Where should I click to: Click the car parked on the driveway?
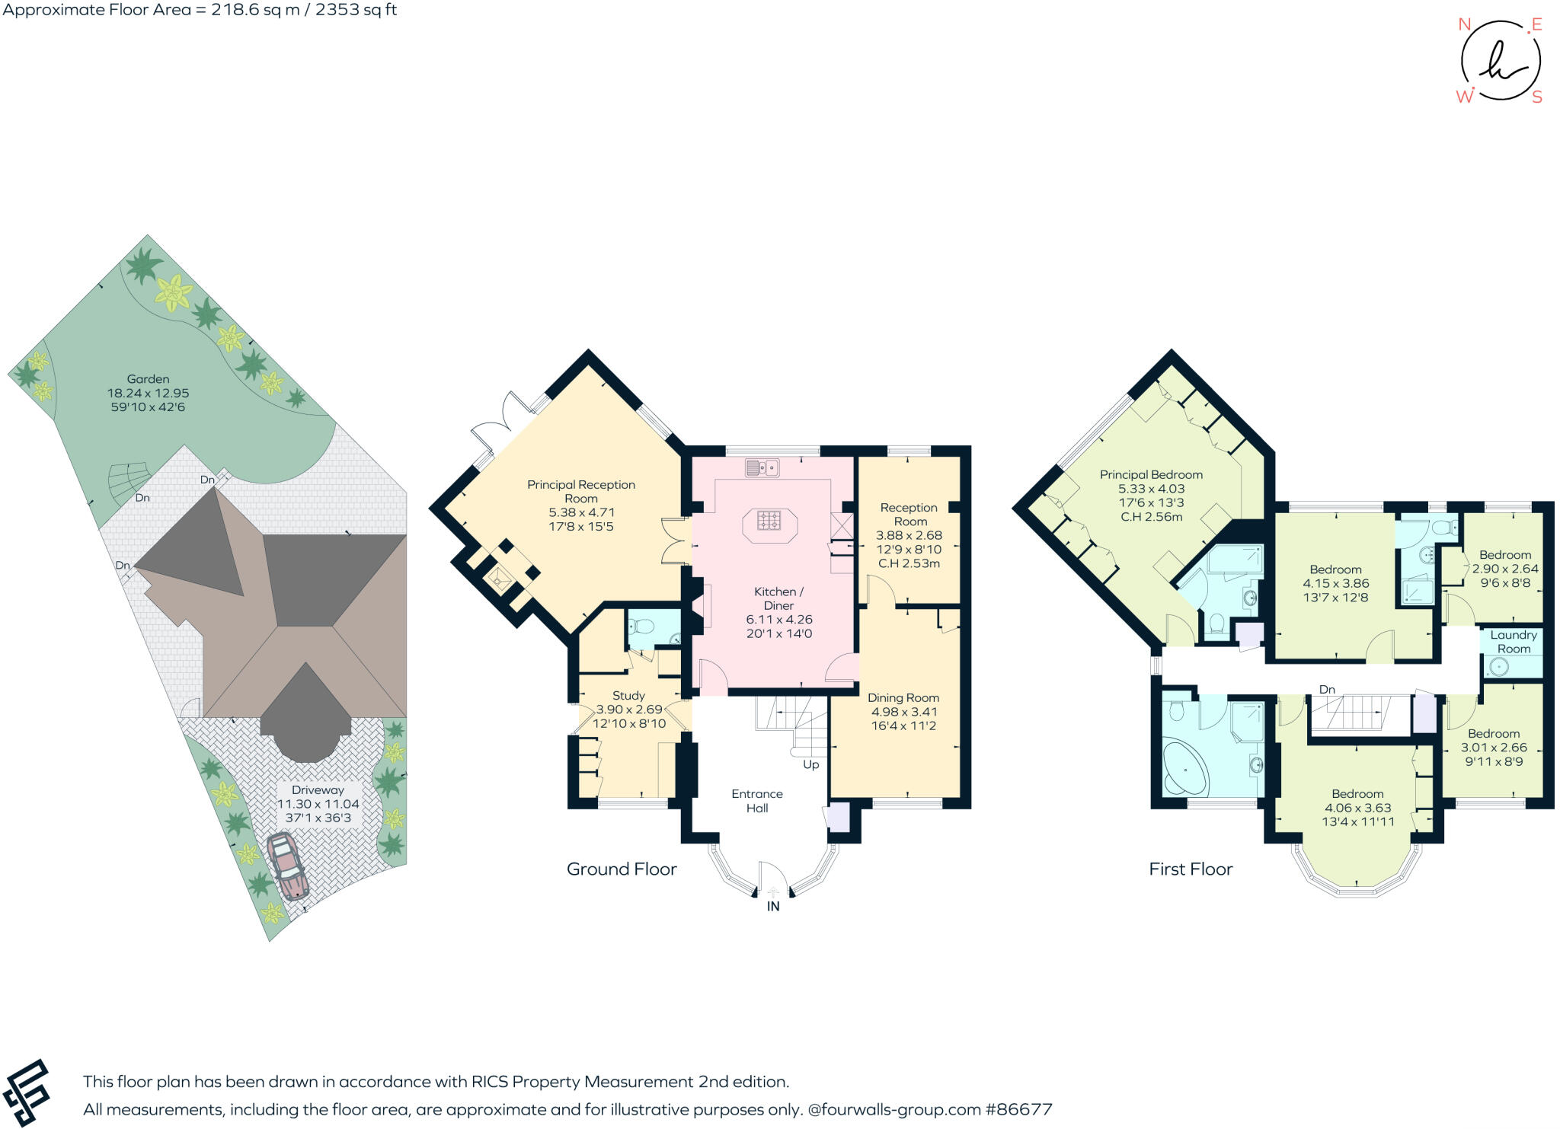[x=287, y=866]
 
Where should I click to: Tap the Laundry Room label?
[x=1513, y=642]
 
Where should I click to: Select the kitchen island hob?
[x=769, y=521]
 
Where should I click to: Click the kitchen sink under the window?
[x=762, y=467]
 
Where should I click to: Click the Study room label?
[x=628, y=695]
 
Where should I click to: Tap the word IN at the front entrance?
[x=773, y=906]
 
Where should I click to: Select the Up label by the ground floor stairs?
[x=810, y=764]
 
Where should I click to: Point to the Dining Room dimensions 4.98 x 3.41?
[x=903, y=712]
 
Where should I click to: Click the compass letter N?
[x=1463, y=24]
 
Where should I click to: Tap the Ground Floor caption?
[x=622, y=869]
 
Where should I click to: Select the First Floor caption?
[x=1191, y=869]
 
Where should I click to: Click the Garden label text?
[x=148, y=378]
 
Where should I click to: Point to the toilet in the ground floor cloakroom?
[x=643, y=627]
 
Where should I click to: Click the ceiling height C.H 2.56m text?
[x=1151, y=517]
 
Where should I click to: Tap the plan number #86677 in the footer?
[x=1019, y=1109]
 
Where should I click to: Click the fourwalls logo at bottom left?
[x=27, y=1093]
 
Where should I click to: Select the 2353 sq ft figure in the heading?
[x=356, y=10]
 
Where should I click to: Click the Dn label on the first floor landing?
[x=1327, y=689]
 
